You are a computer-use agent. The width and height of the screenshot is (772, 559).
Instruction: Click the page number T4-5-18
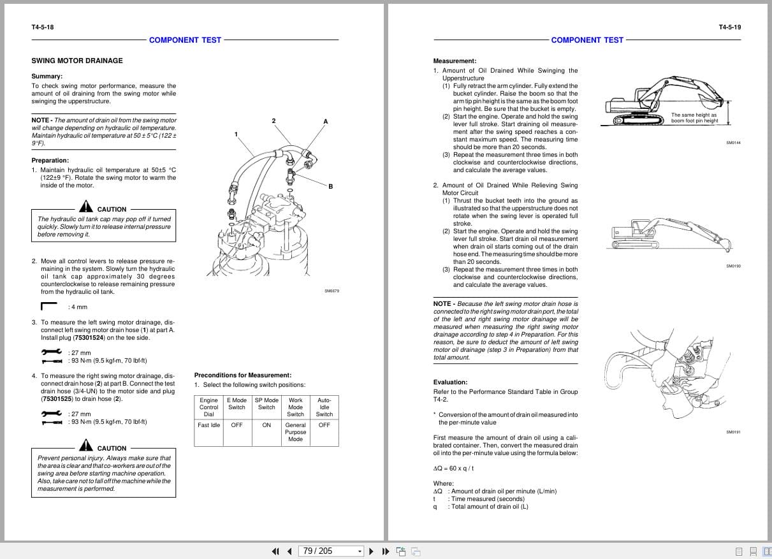[x=43, y=27]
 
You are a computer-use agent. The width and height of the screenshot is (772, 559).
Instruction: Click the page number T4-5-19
[x=729, y=27]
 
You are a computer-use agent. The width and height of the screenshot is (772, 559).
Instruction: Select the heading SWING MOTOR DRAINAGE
[x=77, y=61]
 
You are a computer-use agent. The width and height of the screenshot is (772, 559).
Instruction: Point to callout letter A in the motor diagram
[x=326, y=121]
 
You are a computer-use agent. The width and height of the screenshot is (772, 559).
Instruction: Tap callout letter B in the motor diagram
[x=331, y=186]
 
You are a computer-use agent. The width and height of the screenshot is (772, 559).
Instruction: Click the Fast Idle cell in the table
[x=208, y=425]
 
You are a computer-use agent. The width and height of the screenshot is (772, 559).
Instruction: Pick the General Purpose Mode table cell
[x=295, y=432]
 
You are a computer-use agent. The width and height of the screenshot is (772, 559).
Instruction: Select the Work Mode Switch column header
[x=295, y=407]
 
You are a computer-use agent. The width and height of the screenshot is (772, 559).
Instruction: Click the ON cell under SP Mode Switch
[x=266, y=425]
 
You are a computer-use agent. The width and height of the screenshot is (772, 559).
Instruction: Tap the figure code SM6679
[x=331, y=291]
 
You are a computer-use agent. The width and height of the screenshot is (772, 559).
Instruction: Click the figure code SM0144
[x=733, y=143]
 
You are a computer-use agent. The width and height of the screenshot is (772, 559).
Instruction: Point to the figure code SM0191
[x=733, y=432]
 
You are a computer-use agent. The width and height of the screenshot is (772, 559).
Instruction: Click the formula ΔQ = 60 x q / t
[x=453, y=468]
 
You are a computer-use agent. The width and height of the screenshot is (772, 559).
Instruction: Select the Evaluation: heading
[x=450, y=382]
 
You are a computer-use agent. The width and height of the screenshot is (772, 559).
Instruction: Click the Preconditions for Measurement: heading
[x=242, y=375]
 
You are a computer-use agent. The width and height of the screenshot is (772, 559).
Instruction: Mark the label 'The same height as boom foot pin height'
[x=694, y=118]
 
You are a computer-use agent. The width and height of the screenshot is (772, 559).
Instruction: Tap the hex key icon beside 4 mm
[x=49, y=307]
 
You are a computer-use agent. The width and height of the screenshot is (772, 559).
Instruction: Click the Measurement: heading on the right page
[x=455, y=61]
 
